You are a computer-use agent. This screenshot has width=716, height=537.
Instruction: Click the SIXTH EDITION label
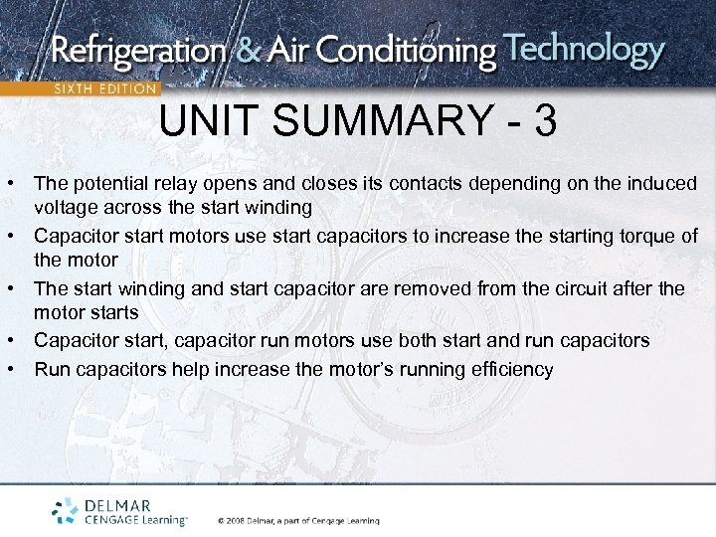pyautogui.click(x=104, y=88)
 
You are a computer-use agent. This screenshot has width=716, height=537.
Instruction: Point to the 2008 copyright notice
pyautogui.click(x=298, y=520)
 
